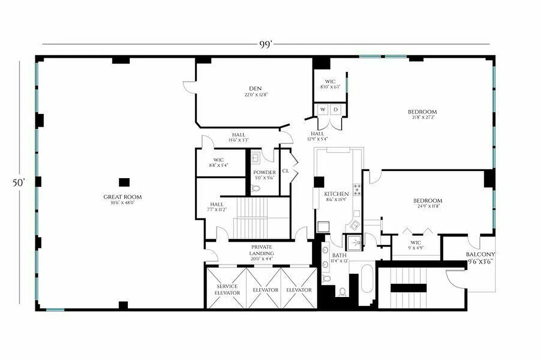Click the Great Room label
[122, 197]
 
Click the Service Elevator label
[227, 289]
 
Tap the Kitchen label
[337, 194]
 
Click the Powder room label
[264, 172]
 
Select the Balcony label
[480, 254]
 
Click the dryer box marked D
[335, 109]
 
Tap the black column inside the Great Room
[124, 182]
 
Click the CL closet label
[285, 171]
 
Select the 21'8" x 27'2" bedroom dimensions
[422, 117]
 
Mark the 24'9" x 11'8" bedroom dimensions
[427, 206]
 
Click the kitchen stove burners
[357, 189]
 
